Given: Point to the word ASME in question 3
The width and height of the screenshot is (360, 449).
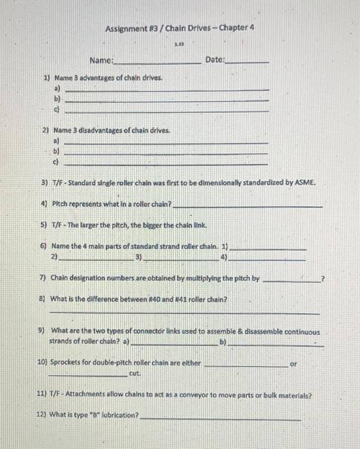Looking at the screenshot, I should tap(304, 183).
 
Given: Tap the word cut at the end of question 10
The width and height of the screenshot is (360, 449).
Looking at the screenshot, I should tap(135, 373).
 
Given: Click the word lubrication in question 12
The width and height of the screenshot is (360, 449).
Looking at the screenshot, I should tap(117, 415).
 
